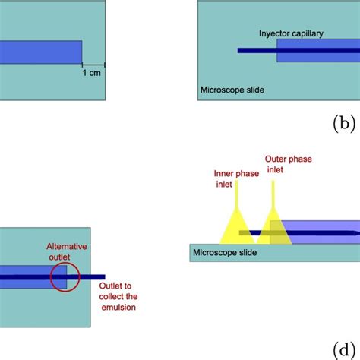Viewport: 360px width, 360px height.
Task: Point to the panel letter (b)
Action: point(346,124)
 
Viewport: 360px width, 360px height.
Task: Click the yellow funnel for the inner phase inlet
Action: point(229,228)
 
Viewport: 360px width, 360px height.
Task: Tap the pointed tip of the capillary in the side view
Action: point(355,232)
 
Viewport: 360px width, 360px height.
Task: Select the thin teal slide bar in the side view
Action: point(273,252)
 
